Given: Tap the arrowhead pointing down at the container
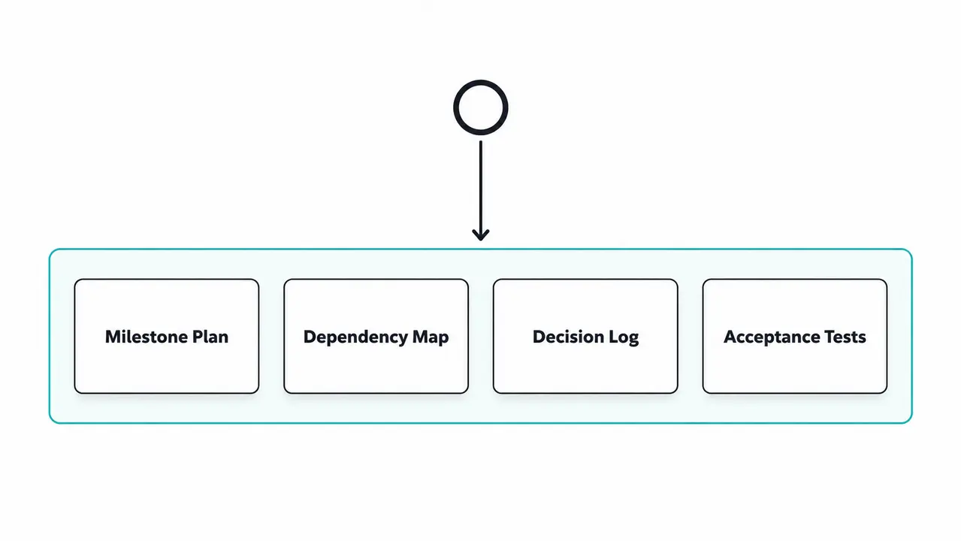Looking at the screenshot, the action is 481,235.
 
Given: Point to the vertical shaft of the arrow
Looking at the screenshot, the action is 481,189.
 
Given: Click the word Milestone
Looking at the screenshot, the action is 146,337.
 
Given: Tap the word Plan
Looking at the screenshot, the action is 210,337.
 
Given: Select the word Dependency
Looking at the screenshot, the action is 355,337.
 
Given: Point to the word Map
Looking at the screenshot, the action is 431,337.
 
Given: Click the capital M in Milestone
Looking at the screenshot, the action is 113,337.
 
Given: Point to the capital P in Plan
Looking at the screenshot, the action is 198,337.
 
